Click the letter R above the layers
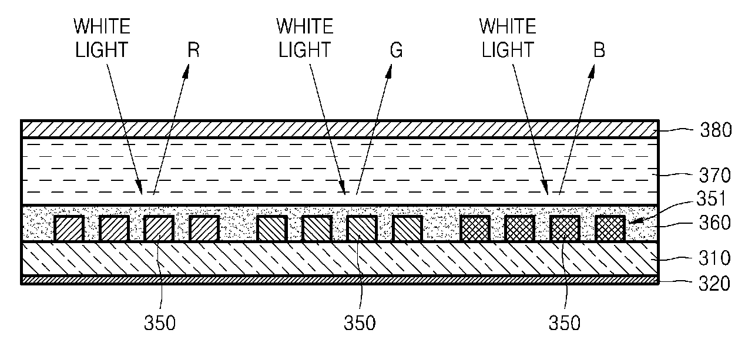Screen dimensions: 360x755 193,51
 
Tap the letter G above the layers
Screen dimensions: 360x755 397,51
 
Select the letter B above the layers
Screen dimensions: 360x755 599,51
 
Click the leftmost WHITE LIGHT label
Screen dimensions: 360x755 102,38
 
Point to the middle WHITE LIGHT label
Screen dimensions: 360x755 305,38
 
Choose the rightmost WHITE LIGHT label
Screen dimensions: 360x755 508,38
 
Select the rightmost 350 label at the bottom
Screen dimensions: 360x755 563,323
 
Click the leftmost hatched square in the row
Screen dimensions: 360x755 69,228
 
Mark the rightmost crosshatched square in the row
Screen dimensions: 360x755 609,228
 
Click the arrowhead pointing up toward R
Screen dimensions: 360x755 187,72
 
